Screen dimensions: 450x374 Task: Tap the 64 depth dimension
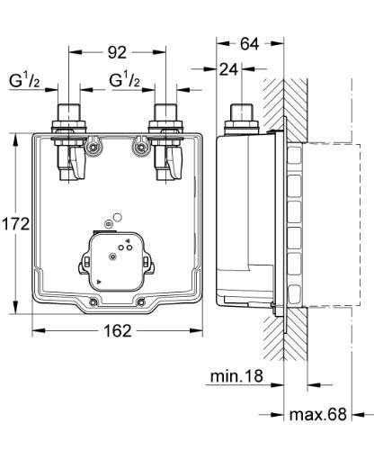(x=251, y=42)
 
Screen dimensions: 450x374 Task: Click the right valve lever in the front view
(x=173, y=165)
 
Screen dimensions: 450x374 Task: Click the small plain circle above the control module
(x=112, y=217)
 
